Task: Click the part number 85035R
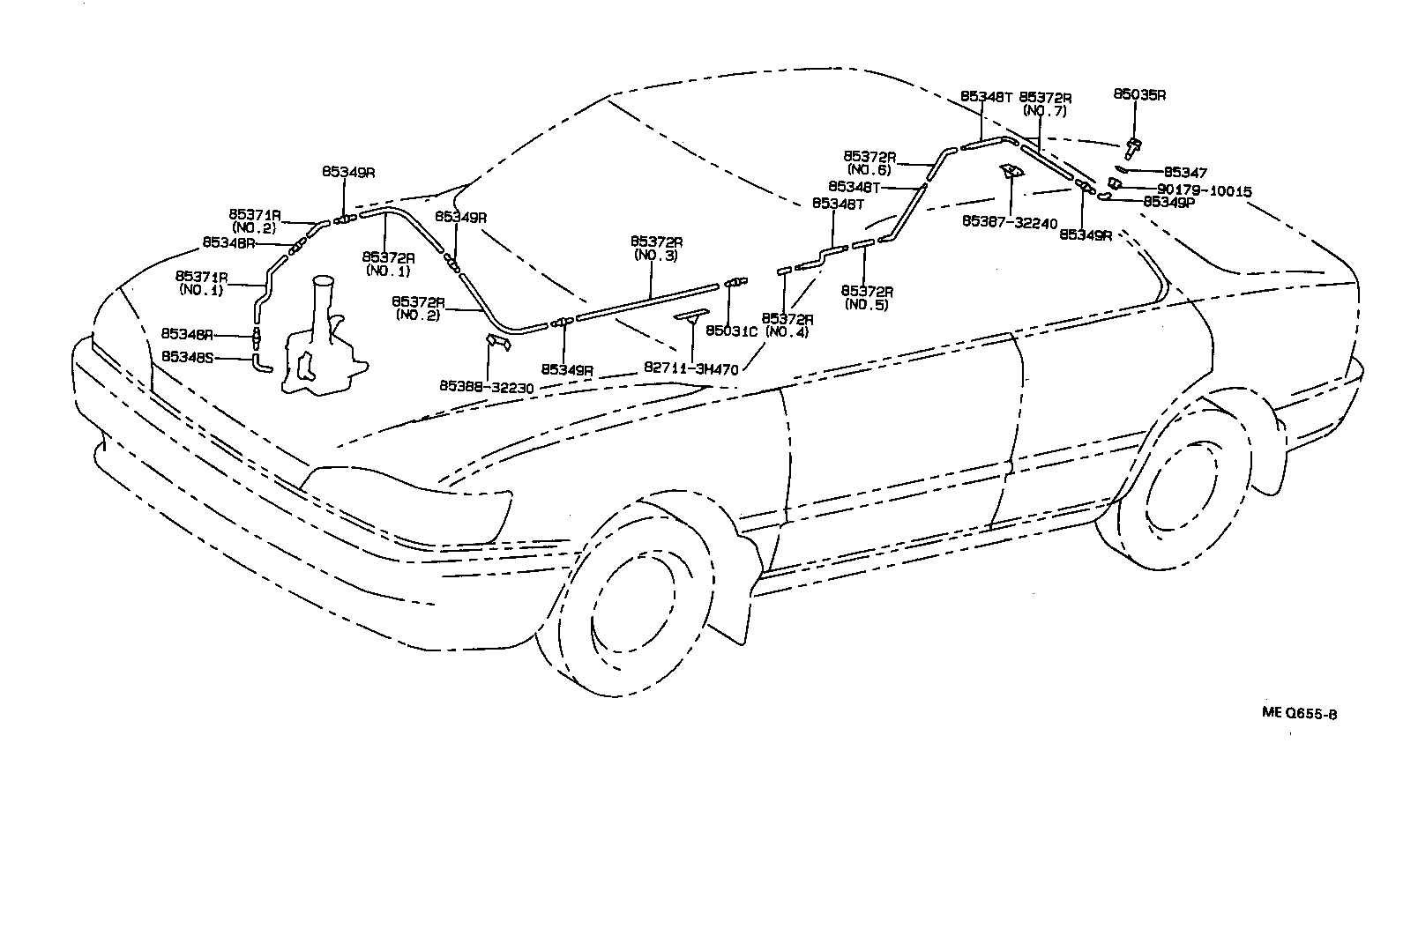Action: pos(1138,94)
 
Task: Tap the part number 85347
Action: pos(1185,173)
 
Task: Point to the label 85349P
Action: pos(1168,202)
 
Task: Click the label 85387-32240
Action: pos(1010,223)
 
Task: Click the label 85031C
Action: pos(731,331)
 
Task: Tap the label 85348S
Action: pos(188,357)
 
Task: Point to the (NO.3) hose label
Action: pos(654,255)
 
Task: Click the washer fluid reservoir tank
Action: pos(322,348)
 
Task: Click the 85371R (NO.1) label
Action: pos(201,282)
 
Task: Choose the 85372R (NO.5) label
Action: pos(866,297)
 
